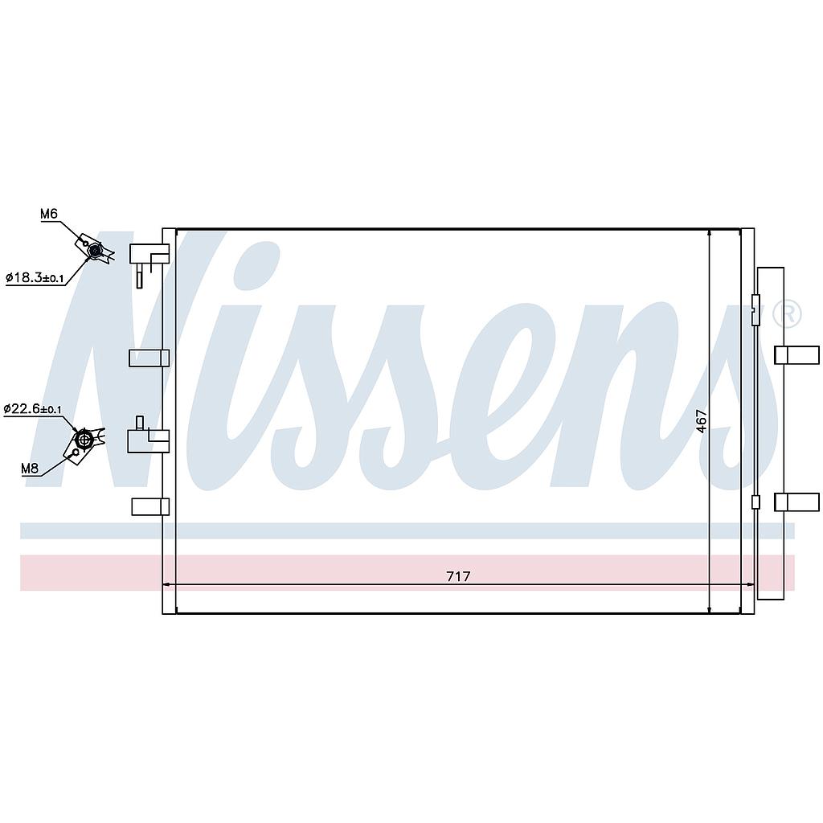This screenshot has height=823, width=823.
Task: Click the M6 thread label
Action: coord(49,214)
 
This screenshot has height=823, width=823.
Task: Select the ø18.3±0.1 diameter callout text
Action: coord(35,277)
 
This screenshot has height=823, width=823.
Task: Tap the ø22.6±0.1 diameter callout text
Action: coord(32,409)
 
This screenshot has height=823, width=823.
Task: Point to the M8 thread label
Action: coord(30,469)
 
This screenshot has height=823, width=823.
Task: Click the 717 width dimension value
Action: coord(458,576)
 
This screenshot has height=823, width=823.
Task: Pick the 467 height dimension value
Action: coord(702,421)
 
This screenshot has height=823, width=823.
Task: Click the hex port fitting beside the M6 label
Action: coord(94,251)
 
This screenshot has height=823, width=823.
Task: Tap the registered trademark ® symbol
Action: coord(788,314)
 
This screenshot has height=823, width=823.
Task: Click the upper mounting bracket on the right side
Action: coord(796,355)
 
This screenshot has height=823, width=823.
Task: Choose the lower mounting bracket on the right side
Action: coord(796,502)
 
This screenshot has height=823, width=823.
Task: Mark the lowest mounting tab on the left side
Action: coord(150,506)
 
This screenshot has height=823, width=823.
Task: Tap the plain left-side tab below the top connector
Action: coord(149,358)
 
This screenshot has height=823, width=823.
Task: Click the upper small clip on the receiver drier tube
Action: coord(755,310)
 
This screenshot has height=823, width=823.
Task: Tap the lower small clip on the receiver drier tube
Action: coord(755,502)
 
